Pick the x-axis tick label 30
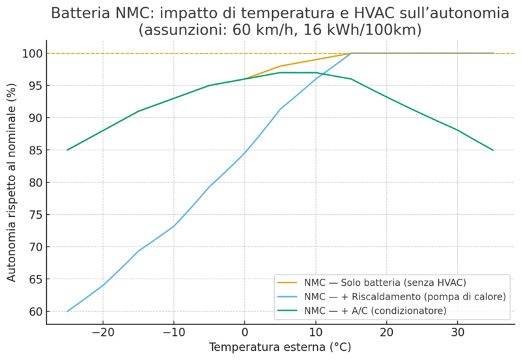[458, 332]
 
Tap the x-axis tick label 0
[245, 332]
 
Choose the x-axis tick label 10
[316, 332]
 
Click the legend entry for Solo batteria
[385, 282]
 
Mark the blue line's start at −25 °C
[67, 311]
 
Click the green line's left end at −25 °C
[67, 150]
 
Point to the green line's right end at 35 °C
[494, 150]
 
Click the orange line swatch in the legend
[287, 282]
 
